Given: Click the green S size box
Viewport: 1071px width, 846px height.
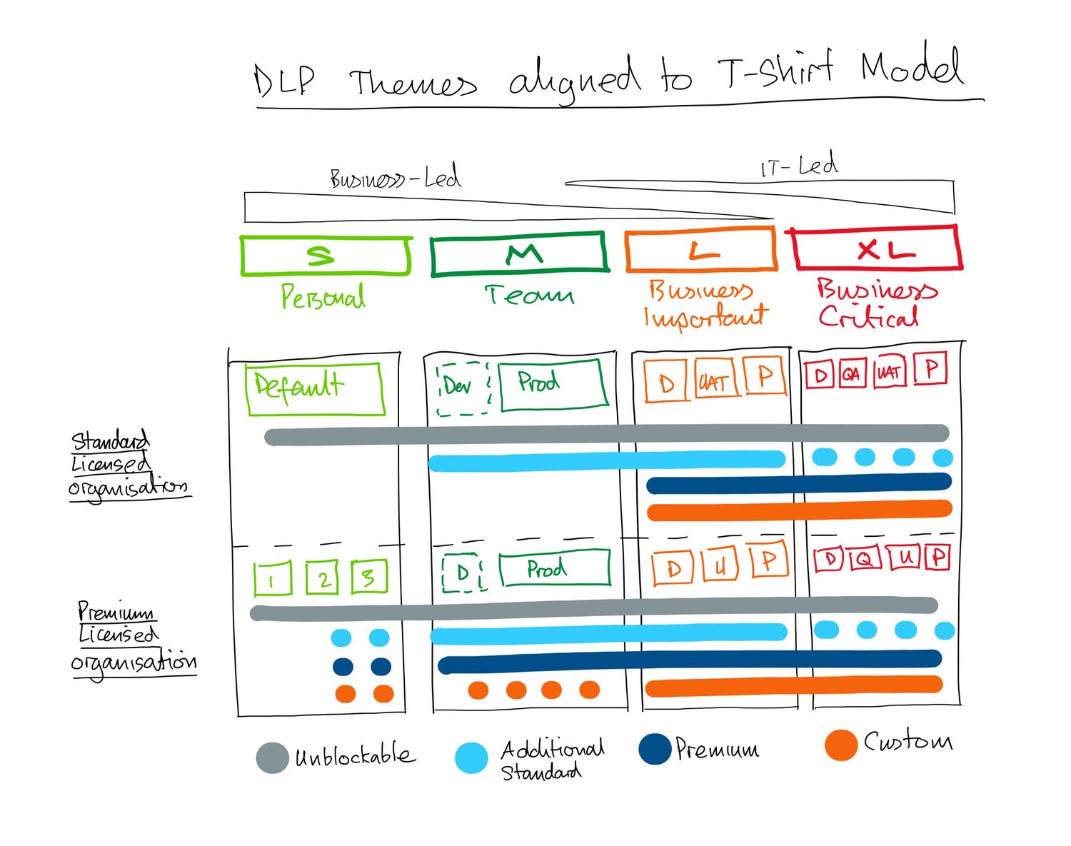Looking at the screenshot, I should [326, 256].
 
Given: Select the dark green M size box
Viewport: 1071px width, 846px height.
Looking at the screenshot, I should [519, 253].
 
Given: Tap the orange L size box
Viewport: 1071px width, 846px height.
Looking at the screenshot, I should [700, 250].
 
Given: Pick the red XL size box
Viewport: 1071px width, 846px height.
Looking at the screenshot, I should [877, 248].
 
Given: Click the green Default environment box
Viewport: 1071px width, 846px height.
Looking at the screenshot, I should [314, 388].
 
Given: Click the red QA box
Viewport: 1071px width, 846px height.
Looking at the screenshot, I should [851, 373].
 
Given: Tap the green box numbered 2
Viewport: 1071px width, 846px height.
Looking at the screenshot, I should [322, 578].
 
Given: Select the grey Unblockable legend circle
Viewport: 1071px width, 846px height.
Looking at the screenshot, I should [272, 758].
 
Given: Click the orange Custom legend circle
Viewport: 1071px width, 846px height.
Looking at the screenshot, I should [840, 745].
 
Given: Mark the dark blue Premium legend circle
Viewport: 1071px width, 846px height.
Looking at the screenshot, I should [655, 749].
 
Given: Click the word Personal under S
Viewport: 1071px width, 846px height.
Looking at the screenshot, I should [323, 296].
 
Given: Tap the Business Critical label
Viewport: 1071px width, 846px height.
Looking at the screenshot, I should [874, 303].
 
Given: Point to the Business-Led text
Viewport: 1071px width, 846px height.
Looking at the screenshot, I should [395, 177].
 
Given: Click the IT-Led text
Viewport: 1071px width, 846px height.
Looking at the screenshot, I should [799, 167].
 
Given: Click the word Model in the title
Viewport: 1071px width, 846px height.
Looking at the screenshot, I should [912, 67].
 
